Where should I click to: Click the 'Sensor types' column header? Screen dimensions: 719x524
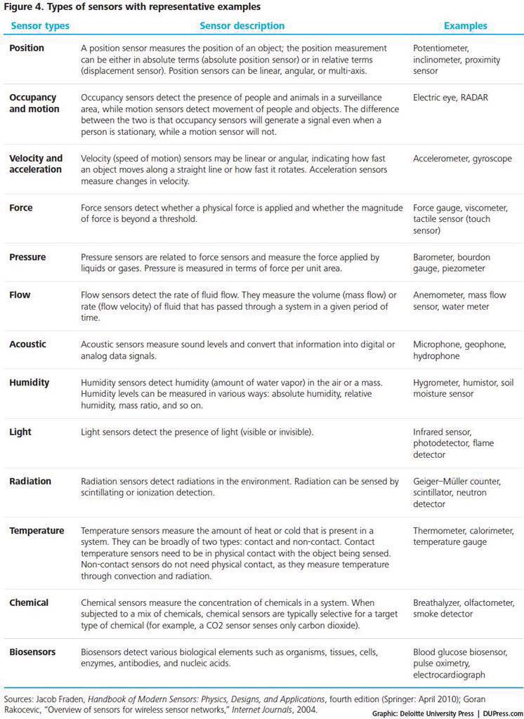[x=39, y=26]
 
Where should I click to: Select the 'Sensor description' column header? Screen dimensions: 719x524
[x=242, y=26]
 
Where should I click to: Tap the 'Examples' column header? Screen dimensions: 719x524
[x=465, y=26]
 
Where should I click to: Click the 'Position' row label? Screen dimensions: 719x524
[x=27, y=48]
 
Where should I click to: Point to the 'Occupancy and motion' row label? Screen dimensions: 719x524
[x=34, y=103]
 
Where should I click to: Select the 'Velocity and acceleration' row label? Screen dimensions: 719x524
[x=36, y=164]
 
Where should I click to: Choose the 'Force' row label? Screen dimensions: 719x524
[x=21, y=208]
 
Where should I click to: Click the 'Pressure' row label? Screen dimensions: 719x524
[x=27, y=257]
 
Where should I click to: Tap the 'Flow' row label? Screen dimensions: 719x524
[x=20, y=295]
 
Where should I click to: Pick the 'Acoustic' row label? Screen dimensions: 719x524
[x=28, y=344]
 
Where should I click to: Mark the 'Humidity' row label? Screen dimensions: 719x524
[x=30, y=383]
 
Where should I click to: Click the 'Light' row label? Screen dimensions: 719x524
[x=20, y=432]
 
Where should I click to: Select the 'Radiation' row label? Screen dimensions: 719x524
[x=30, y=481]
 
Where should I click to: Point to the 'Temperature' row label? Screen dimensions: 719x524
[x=37, y=530]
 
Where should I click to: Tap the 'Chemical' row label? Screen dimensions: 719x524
[x=29, y=602]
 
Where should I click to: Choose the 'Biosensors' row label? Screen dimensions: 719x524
[x=32, y=652]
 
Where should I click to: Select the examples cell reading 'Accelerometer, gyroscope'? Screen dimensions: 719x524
[x=462, y=159]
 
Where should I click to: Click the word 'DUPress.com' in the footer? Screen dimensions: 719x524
[x=503, y=713]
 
